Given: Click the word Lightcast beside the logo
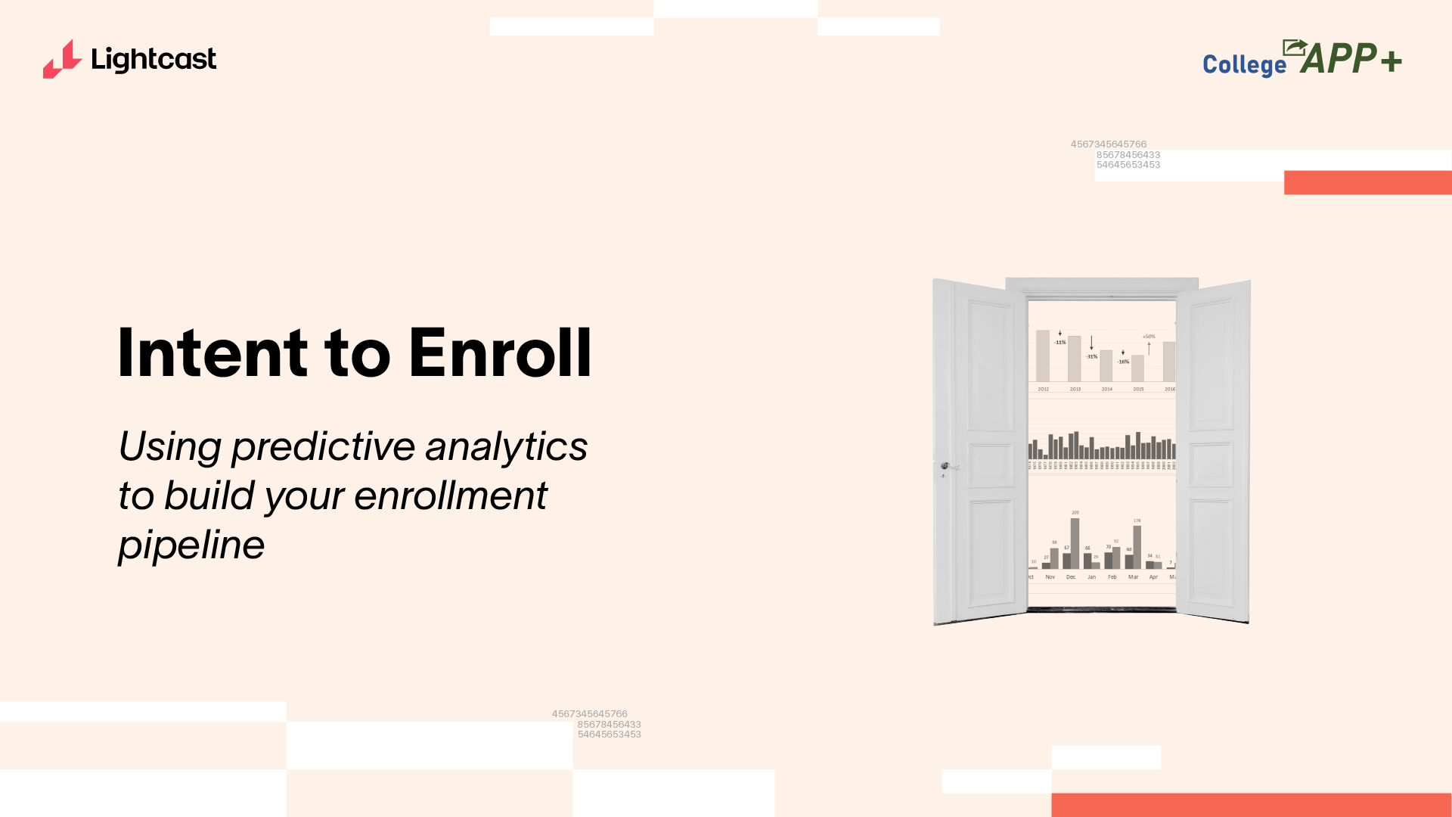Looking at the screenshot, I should [x=154, y=59].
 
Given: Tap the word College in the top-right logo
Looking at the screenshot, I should [x=1244, y=65].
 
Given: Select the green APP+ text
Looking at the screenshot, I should [x=1351, y=58].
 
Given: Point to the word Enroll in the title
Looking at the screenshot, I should [x=500, y=353].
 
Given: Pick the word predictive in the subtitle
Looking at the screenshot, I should [x=323, y=446].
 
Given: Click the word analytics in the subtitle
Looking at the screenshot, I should [x=506, y=446].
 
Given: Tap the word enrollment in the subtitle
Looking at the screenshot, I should [x=450, y=495].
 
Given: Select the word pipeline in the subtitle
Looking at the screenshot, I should [x=191, y=545].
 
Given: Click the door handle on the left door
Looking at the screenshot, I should [x=945, y=466].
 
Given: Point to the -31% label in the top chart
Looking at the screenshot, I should [x=1092, y=356].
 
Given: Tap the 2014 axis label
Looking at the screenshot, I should [x=1107, y=389].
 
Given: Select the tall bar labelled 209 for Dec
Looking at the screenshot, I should [x=1075, y=542].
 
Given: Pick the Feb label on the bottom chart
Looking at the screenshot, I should [x=1112, y=576].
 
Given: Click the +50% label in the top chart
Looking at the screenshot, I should [x=1149, y=337].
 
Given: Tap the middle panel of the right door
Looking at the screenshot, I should [x=1211, y=463].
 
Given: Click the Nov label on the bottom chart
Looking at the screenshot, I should [x=1050, y=576].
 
